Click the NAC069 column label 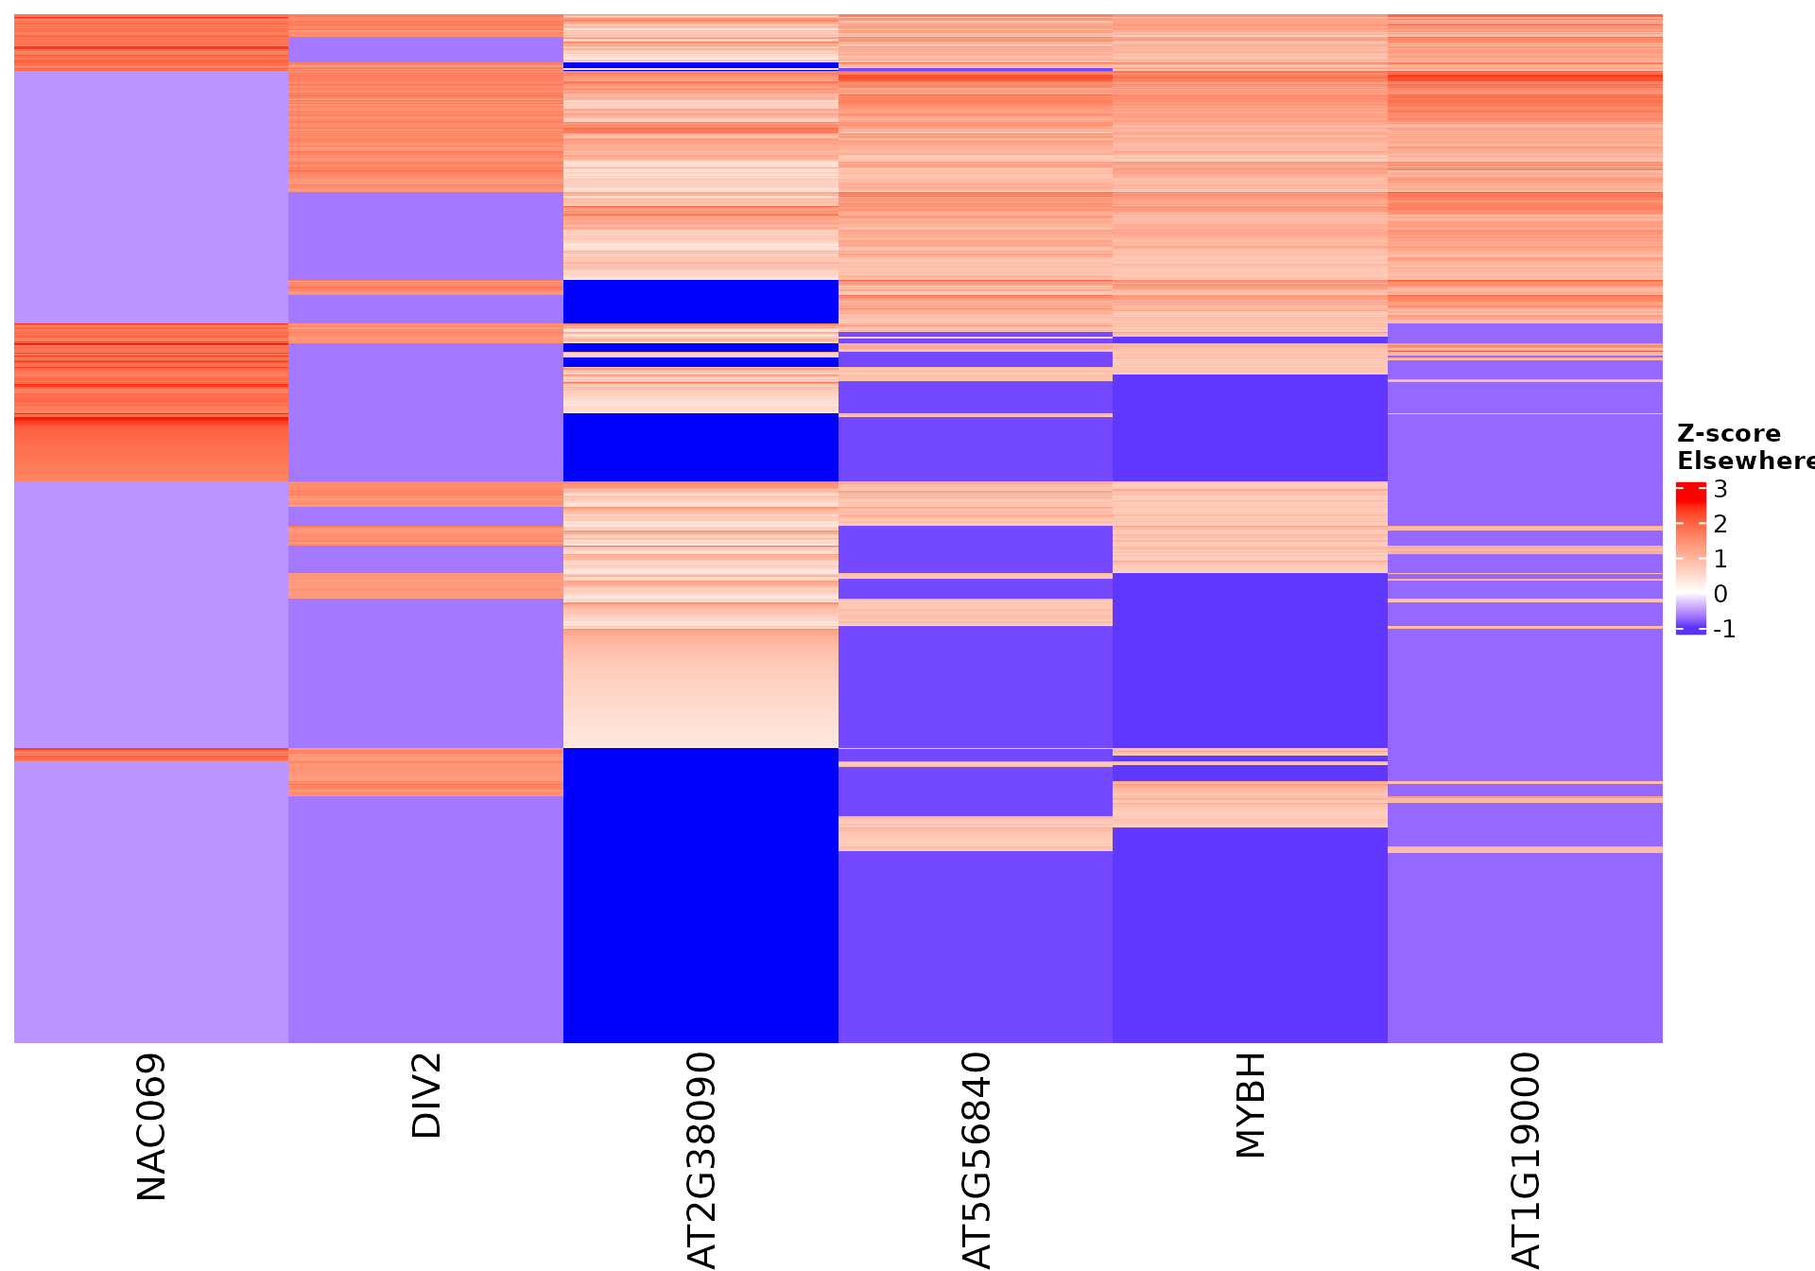coord(151,1127)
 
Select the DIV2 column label coord(427,1095)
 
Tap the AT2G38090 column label coord(701,1159)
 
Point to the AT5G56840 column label coord(977,1159)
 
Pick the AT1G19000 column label coord(1526,1159)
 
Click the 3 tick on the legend coord(1720,489)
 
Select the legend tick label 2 coord(1720,524)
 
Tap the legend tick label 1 coord(1720,559)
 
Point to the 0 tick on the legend coord(1720,594)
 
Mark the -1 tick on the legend coord(1725,629)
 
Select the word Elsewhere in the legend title coord(1745,461)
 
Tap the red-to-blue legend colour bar coord(1690,558)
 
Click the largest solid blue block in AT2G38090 coord(700,895)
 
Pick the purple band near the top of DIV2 coord(425,49)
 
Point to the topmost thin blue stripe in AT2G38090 coord(700,65)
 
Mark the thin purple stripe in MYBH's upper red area coord(1250,340)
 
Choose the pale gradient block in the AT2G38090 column coord(700,688)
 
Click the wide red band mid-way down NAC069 coord(151,402)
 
